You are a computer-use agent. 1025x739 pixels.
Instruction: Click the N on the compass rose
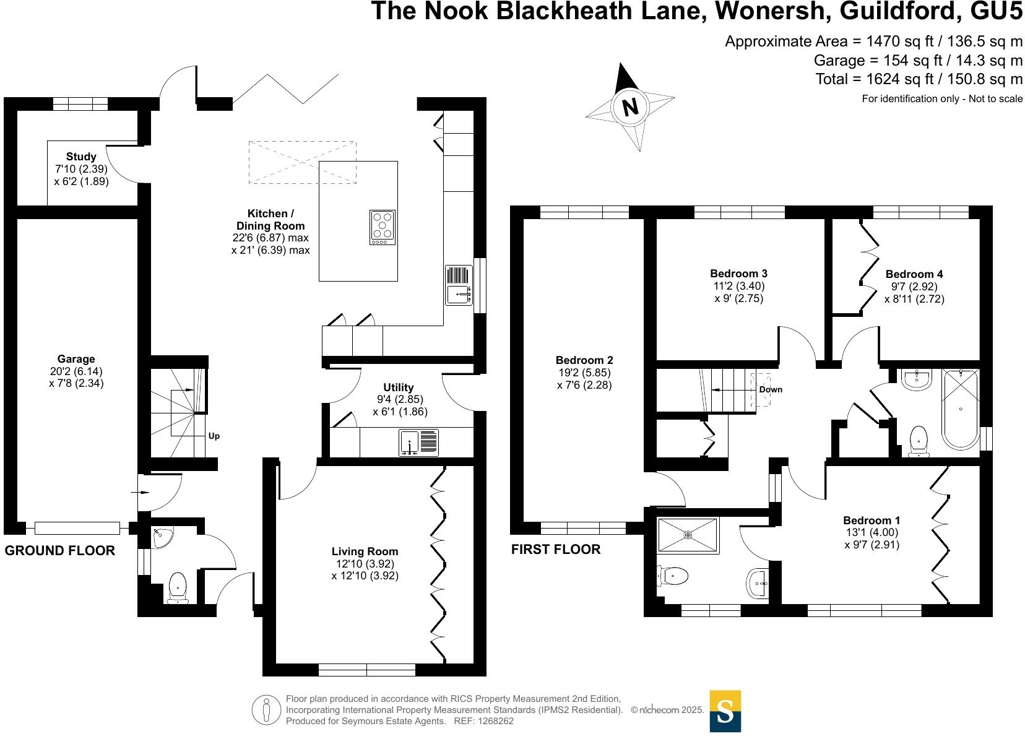coord(630,107)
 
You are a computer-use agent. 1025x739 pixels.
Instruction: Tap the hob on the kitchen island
coord(383,227)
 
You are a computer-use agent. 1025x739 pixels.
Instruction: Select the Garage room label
coord(76,359)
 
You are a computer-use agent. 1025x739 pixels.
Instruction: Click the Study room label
coord(81,157)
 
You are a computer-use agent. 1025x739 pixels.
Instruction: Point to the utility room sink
coord(419,443)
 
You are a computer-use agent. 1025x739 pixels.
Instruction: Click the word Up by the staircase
coord(214,436)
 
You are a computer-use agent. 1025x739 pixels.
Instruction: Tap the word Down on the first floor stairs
coord(771,389)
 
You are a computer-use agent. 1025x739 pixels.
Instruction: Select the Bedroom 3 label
coord(738,274)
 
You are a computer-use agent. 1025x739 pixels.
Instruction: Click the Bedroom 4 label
coord(914,274)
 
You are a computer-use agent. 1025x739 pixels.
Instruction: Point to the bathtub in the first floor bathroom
coord(960,409)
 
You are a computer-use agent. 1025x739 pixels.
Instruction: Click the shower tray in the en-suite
coord(688,535)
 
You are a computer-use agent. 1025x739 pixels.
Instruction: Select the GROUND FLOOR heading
coord(60,551)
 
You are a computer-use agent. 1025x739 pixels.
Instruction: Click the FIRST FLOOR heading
coord(555,550)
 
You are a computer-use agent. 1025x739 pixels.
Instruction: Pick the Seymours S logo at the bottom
coord(725,711)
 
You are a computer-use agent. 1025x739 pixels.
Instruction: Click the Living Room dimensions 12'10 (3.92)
coord(365,564)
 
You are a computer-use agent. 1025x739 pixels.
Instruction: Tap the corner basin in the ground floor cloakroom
coord(163,536)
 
